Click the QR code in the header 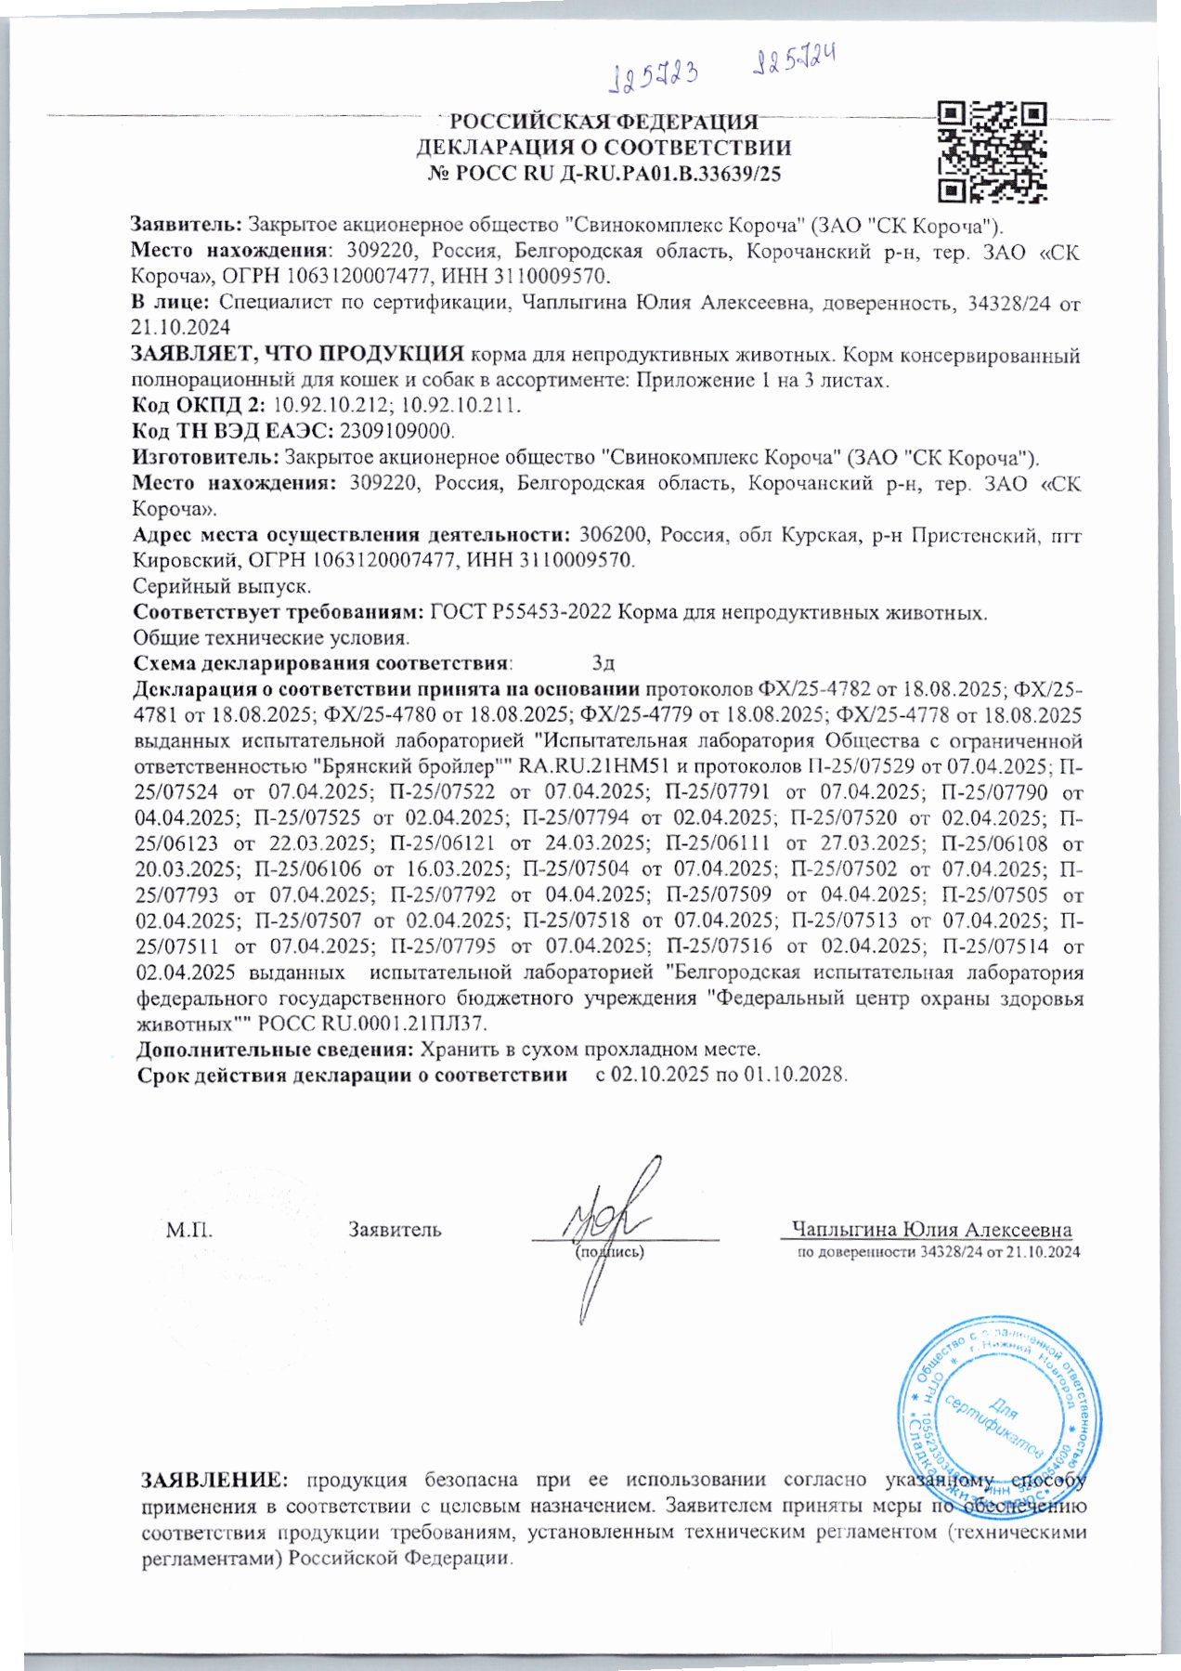[992, 152]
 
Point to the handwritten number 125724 [792, 62]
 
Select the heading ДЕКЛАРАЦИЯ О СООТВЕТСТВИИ [603, 148]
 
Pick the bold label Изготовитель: [205, 457]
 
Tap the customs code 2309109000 [397, 431]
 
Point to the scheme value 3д [603, 663]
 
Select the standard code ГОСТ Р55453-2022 [520, 612]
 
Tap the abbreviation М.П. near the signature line [189, 1231]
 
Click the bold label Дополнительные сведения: [275, 1050]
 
